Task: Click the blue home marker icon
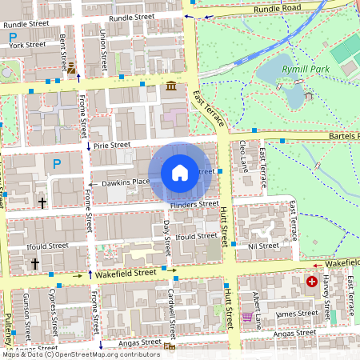(180, 172)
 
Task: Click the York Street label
(28, 45)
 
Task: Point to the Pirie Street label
(110, 146)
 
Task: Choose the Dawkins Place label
(126, 182)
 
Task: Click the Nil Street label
(263, 246)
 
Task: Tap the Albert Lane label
(256, 308)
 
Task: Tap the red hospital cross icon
(311, 282)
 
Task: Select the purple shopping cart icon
(247, 318)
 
